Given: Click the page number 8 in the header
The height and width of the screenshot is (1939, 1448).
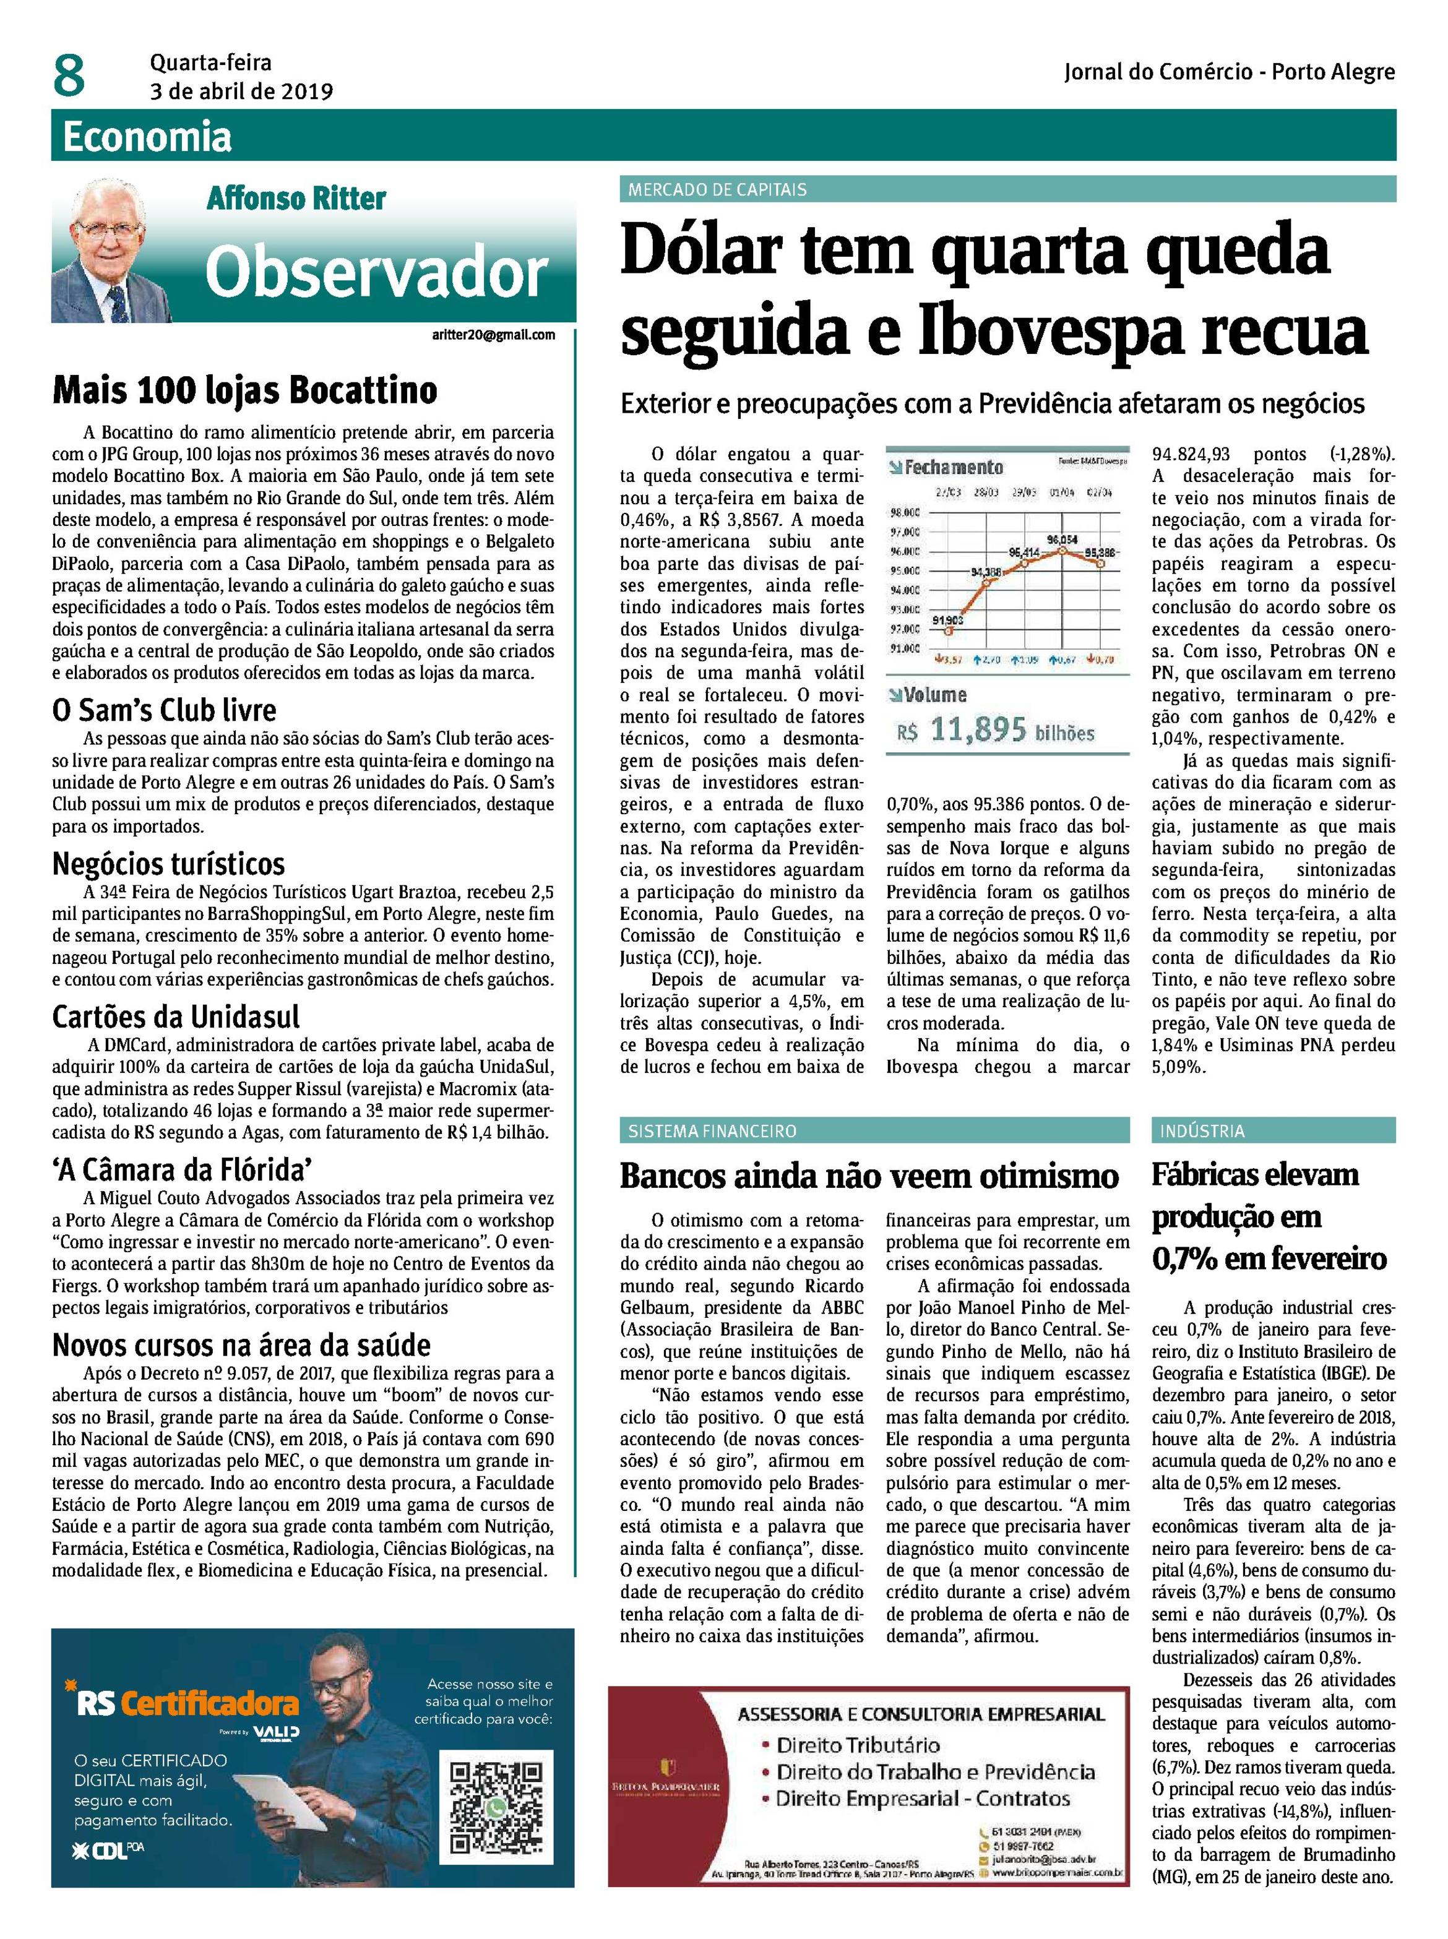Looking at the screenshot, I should pyautogui.click(x=69, y=75).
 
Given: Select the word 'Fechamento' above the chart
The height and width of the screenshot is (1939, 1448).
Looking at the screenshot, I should pyautogui.click(x=954, y=467).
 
